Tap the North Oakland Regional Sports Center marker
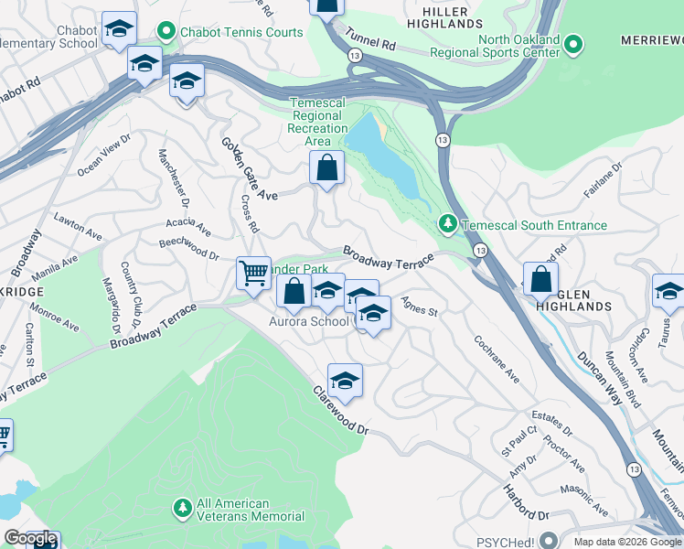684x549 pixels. click(572, 44)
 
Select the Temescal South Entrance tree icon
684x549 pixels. click(446, 223)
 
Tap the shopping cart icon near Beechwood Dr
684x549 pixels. click(252, 271)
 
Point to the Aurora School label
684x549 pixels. click(308, 321)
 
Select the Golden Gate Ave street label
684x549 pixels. click(249, 168)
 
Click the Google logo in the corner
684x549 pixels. click(30, 538)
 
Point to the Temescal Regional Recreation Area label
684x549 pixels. click(317, 123)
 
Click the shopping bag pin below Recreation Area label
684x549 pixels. click(326, 168)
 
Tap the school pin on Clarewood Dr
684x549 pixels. click(345, 380)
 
